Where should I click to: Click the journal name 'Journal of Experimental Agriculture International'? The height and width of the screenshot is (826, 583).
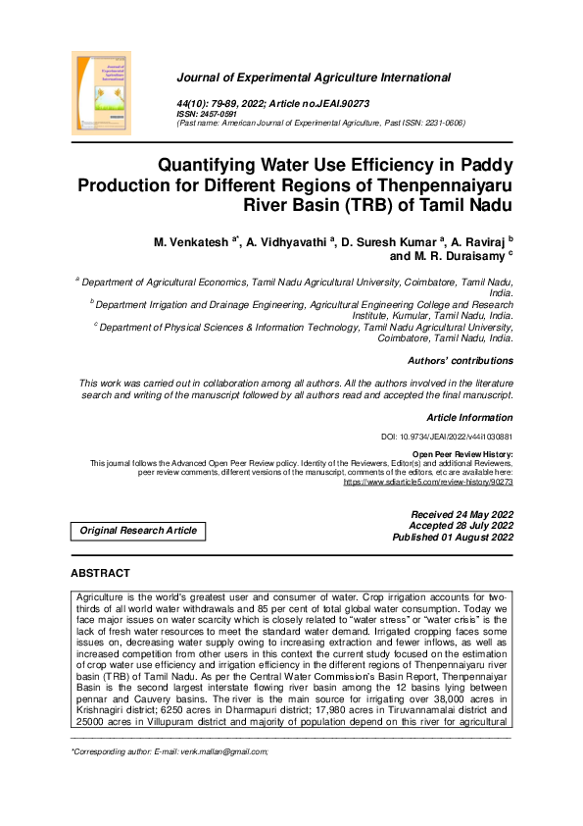click(314, 77)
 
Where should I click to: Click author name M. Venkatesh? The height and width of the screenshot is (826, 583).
click(192, 240)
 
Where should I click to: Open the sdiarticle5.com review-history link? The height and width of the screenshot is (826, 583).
click(427, 483)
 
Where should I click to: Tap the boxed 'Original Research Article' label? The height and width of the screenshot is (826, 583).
click(138, 531)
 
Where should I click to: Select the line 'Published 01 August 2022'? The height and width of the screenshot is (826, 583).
click(453, 539)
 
